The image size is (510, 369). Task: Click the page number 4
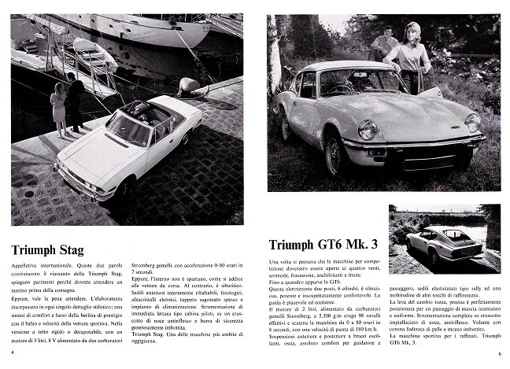point(13,352)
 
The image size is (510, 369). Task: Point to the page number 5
point(499,354)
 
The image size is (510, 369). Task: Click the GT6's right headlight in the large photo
point(473,122)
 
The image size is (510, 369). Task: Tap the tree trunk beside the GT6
point(275,55)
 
